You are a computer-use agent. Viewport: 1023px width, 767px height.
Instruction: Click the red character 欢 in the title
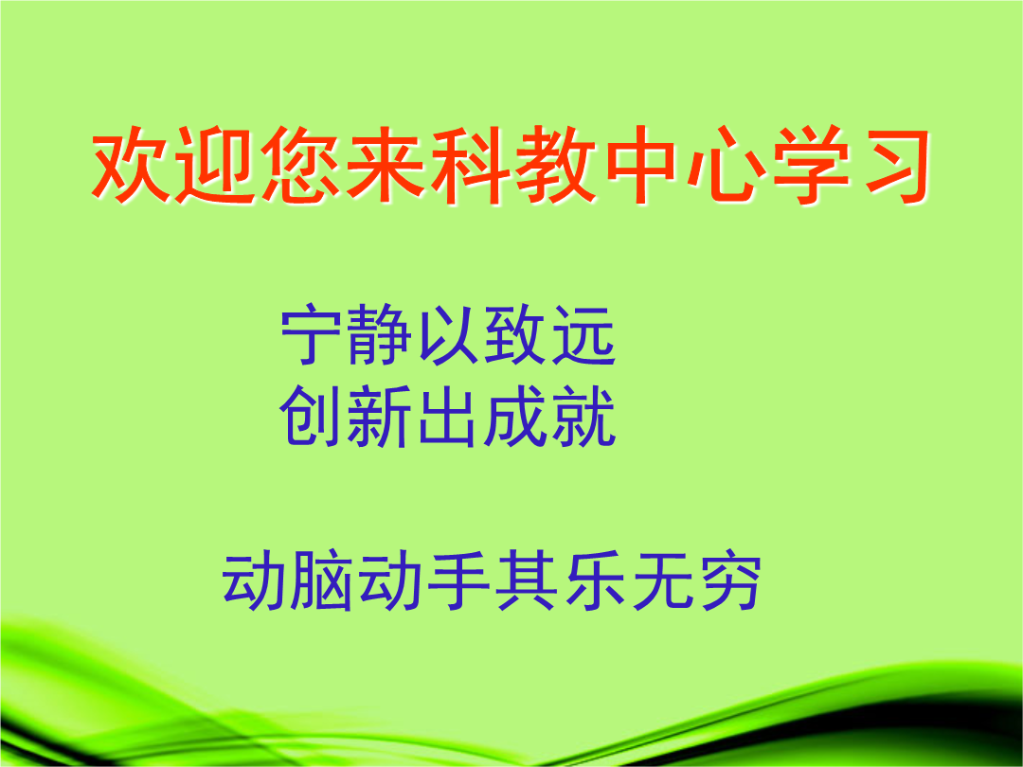[x=131, y=165]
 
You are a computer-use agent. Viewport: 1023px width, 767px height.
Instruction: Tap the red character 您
[x=301, y=165]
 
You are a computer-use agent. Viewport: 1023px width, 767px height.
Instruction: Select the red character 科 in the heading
[x=471, y=165]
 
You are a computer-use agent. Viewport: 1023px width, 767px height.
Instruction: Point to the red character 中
[x=640, y=165]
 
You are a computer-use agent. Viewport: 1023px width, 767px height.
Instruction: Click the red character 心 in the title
[x=726, y=165]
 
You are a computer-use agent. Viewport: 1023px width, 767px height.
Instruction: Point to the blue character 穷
[x=730, y=580]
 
